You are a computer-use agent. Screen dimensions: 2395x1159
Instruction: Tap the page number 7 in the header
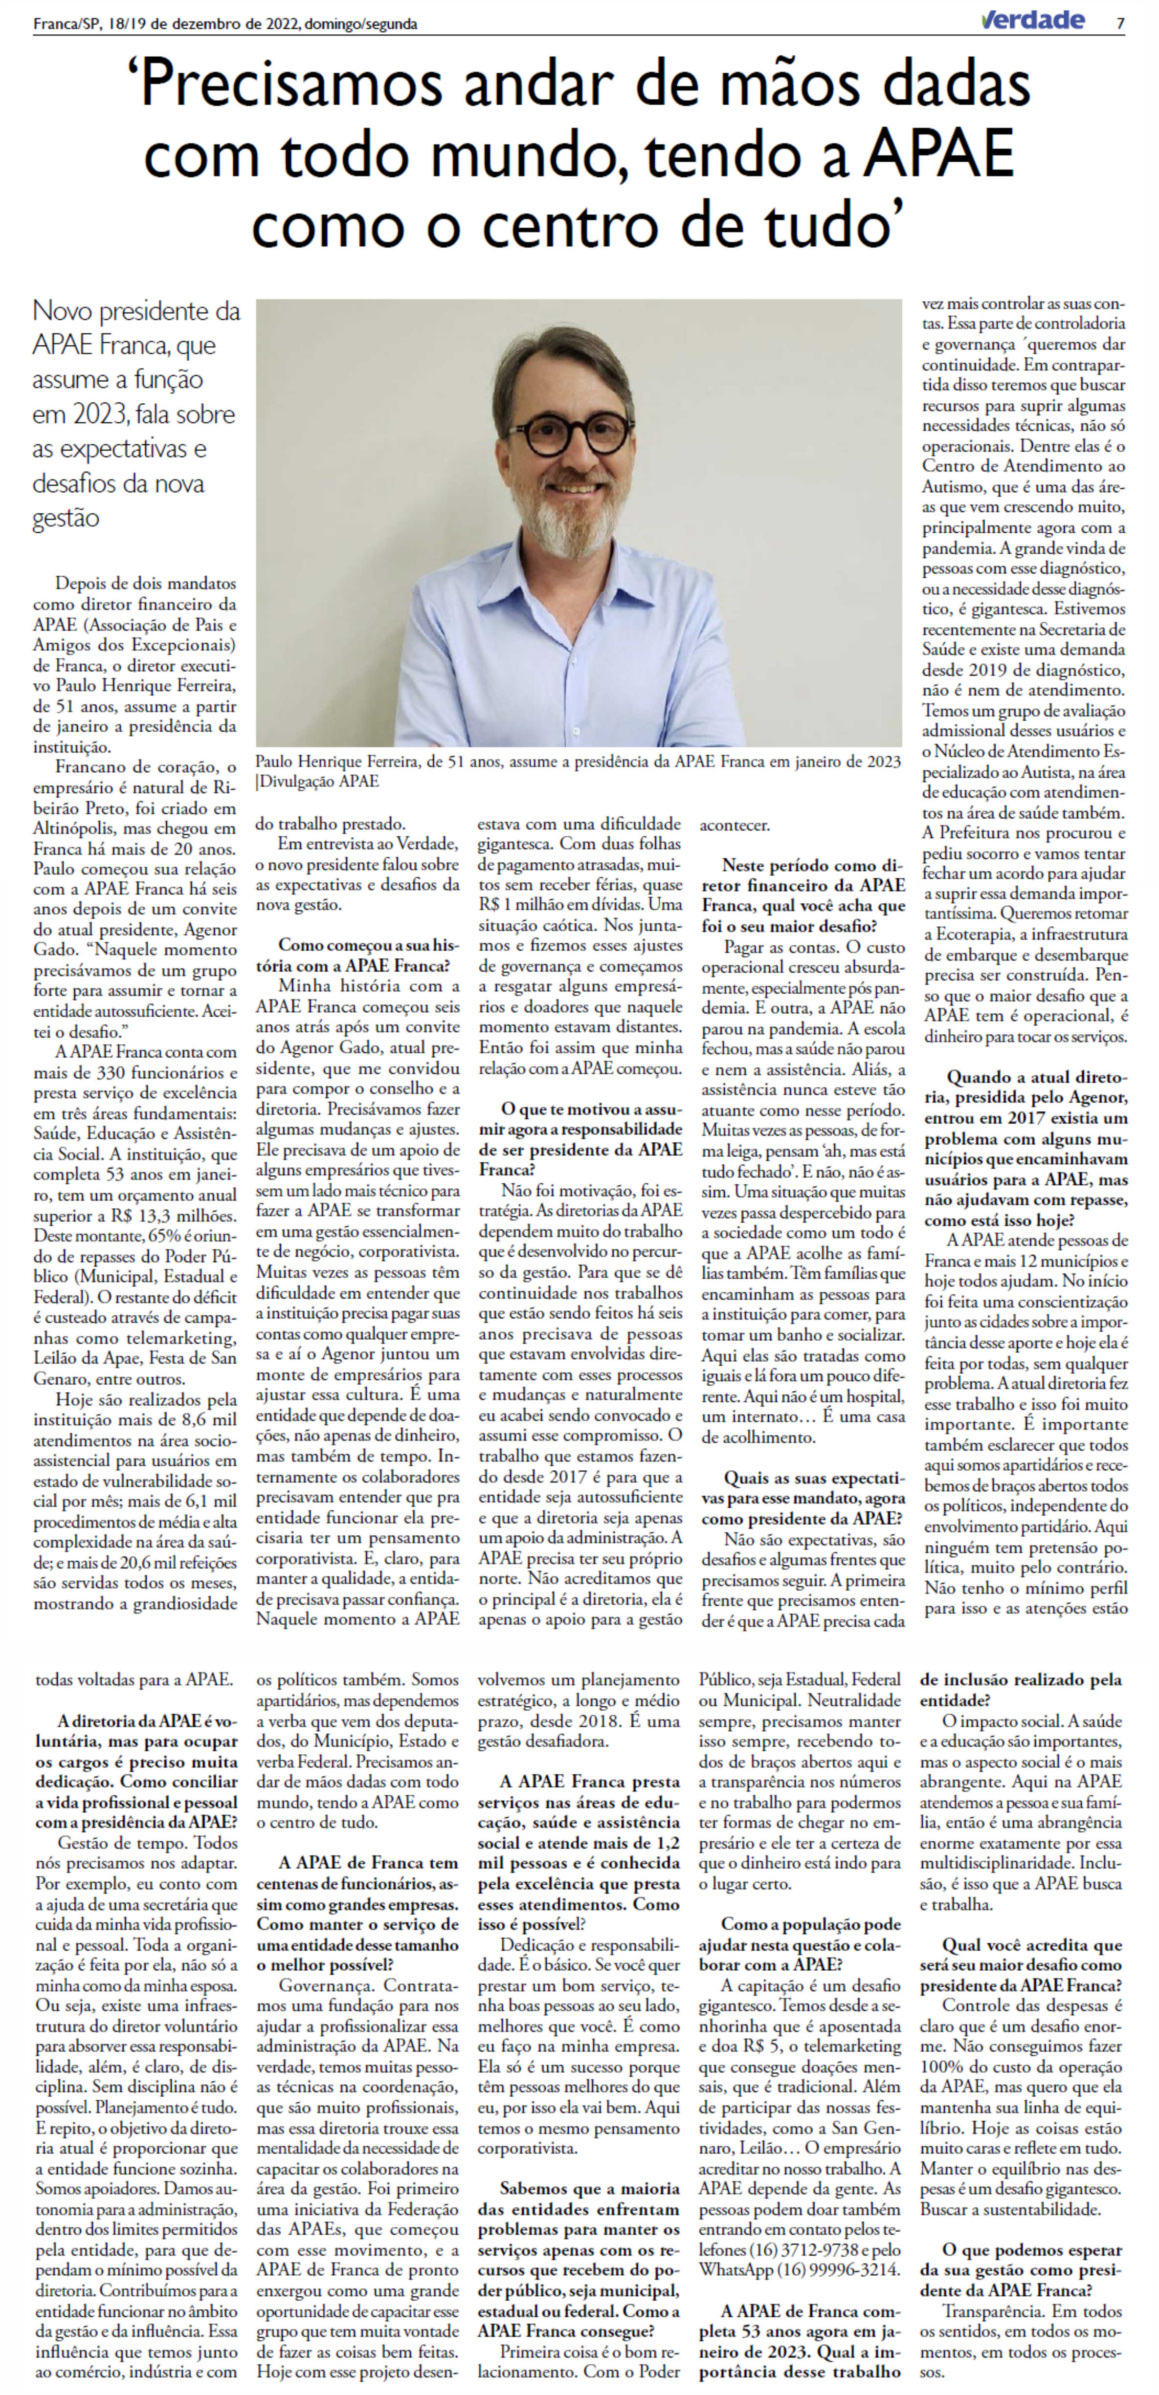(x=1121, y=23)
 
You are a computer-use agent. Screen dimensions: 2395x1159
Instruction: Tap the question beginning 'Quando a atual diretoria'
(x=1025, y=1148)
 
